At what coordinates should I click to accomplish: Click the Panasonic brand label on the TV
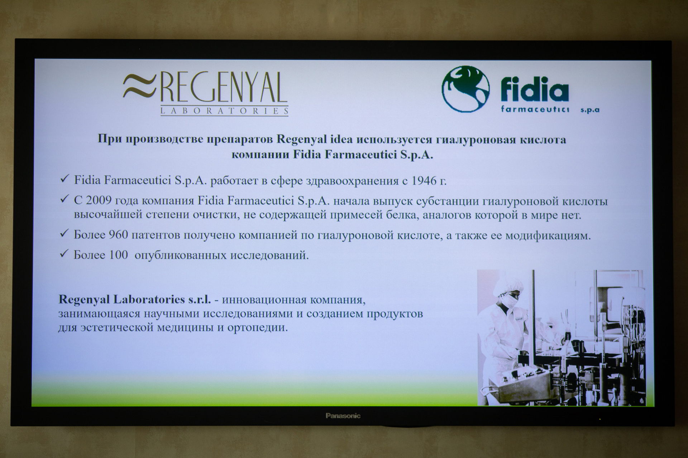click(343, 416)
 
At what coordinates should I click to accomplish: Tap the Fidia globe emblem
click(465, 89)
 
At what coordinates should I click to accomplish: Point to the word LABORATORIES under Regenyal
click(224, 111)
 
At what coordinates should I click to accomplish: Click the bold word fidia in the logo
click(535, 91)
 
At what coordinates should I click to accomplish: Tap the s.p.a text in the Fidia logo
click(590, 110)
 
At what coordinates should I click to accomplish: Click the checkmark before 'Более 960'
click(64, 234)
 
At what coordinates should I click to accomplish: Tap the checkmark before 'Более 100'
click(64, 254)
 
